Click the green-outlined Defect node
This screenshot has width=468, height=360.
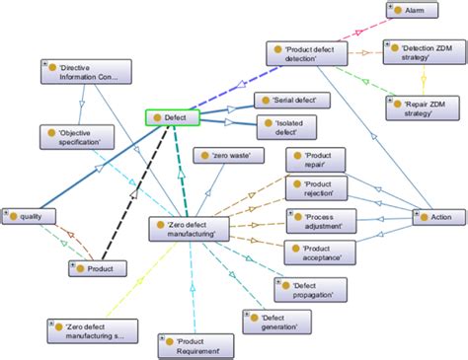click(x=174, y=117)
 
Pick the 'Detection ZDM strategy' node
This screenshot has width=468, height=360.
click(x=420, y=51)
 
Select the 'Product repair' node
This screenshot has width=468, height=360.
click(x=318, y=160)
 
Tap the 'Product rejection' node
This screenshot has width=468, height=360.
click(x=318, y=187)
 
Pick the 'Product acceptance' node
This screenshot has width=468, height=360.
click(x=318, y=252)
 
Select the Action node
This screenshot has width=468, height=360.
click(x=432, y=215)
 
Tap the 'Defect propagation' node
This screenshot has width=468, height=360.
click(x=299, y=290)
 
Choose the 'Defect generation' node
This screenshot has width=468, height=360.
click(x=273, y=323)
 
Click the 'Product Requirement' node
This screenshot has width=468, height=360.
click(x=196, y=344)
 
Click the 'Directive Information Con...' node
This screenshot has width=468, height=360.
click(x=87, y=71)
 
